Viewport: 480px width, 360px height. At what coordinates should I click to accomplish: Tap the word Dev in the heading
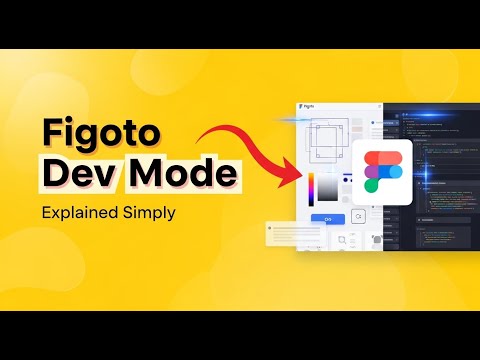point(73,176)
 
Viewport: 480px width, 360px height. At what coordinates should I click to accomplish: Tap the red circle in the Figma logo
point(370,158)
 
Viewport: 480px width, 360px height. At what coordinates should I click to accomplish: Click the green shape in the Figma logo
point(370,186)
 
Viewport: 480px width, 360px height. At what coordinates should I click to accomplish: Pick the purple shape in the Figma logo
point(370,172)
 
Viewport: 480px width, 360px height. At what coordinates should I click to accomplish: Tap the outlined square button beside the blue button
point(358,217)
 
